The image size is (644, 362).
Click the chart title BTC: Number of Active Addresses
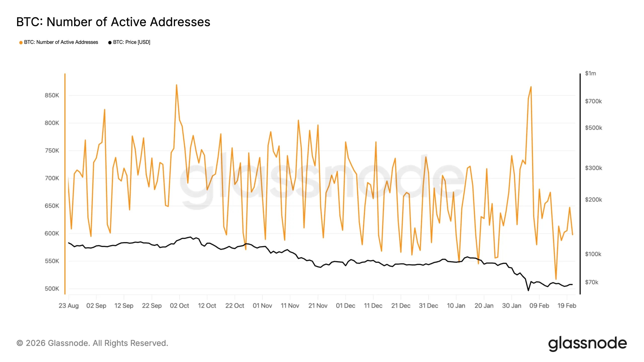(113, 22)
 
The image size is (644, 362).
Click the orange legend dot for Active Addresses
(21, 42)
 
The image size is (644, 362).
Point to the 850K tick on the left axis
(52, 95)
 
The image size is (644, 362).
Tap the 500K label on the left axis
(52, 289)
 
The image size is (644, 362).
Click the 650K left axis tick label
(52, 206)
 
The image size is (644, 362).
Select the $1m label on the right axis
(590, 73)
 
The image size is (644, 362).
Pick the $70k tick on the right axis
(591, 282)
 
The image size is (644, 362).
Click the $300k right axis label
(593, 168)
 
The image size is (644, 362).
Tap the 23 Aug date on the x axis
(68, 306)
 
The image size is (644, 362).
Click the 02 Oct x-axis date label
(179, 306)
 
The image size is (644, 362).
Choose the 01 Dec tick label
(345, 306)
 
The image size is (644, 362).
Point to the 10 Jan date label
(456, 306)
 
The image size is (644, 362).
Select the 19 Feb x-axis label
(567, 306)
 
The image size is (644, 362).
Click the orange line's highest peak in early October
(176, 85)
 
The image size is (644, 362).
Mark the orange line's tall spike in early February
(531, 87)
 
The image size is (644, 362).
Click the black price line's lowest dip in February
(528, 291)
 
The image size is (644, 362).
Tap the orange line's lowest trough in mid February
(556, 279)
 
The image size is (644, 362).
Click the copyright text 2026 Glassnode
(92, 343)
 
